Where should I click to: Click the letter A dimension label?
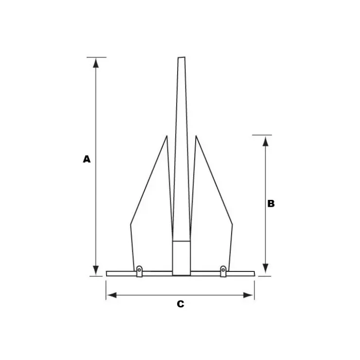[x=87, y=159]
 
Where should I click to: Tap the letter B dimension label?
[x=271, y=203]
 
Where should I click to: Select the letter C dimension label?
[x=180, y=304]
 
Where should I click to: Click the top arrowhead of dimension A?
[x=96, y=63]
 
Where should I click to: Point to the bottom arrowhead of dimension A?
[x=96, y=270]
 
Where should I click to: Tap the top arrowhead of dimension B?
[x=266, y=141]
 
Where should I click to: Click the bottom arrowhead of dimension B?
[x=266, y=269]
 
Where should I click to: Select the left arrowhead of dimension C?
[x=112, y=295]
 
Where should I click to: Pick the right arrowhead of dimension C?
[x=248, y=295]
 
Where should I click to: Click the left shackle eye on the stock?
[x=139, y=271]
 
